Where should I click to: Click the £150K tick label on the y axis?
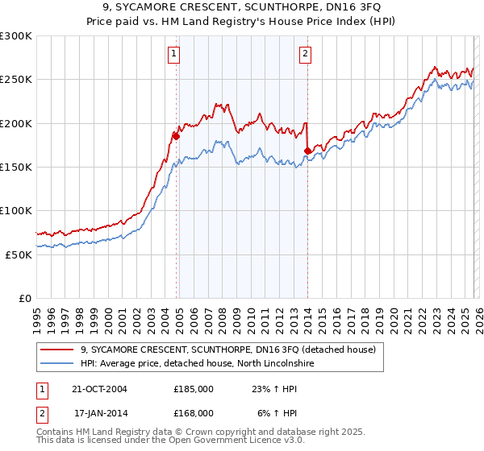pos(16,168)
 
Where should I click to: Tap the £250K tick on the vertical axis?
pos(16,81)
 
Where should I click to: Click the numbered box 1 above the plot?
pos(174,55)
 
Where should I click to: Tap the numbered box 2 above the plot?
pos(306,55)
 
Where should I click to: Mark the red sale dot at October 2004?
pos(176,136)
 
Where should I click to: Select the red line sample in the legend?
pos(58,350)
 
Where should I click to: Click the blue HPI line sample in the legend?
pos(58,363)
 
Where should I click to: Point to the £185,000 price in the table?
pos(194,389)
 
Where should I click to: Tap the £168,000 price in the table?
pos(194,412)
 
